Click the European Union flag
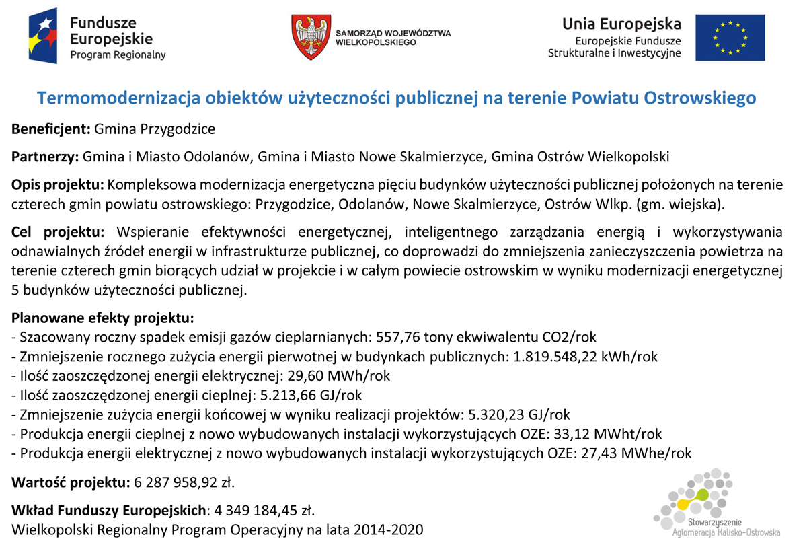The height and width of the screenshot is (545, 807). coord(730,38)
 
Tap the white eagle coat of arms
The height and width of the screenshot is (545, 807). coord(310,37)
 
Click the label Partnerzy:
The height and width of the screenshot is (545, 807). coord(45,157)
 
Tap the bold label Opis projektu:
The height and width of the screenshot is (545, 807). coord(57,185)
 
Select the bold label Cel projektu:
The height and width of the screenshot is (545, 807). coord(58,233)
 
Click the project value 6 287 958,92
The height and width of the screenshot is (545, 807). coord(176,482)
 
